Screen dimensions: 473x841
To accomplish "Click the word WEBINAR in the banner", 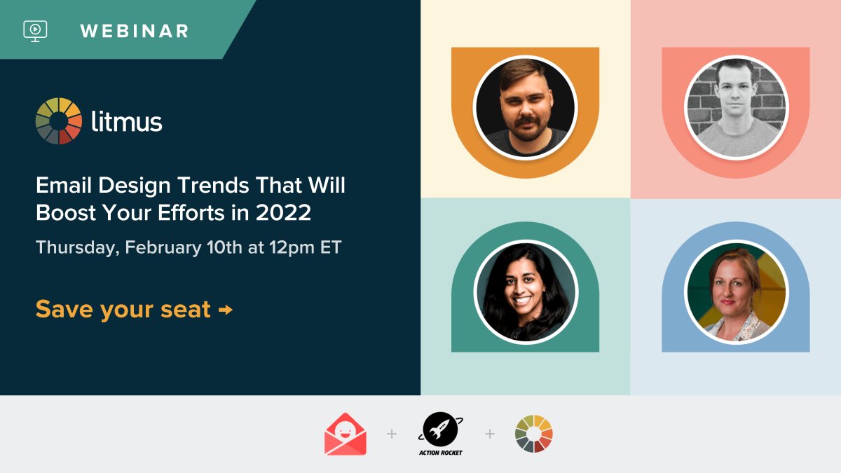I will [134, 31].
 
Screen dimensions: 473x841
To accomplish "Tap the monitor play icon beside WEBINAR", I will [35, 30].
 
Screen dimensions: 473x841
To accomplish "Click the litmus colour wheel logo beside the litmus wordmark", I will [59, 121].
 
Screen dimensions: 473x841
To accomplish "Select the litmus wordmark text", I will [127, 122].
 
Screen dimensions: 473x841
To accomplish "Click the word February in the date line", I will [163, 247].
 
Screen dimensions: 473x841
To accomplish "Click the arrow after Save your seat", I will [226, 309].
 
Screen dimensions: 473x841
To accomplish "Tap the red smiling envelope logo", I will [346, 435].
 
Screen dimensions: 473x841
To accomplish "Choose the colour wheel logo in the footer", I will [534, 434].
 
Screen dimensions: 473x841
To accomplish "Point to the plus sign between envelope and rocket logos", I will [392, 434].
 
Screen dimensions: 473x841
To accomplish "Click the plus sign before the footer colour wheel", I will [489, 434].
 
